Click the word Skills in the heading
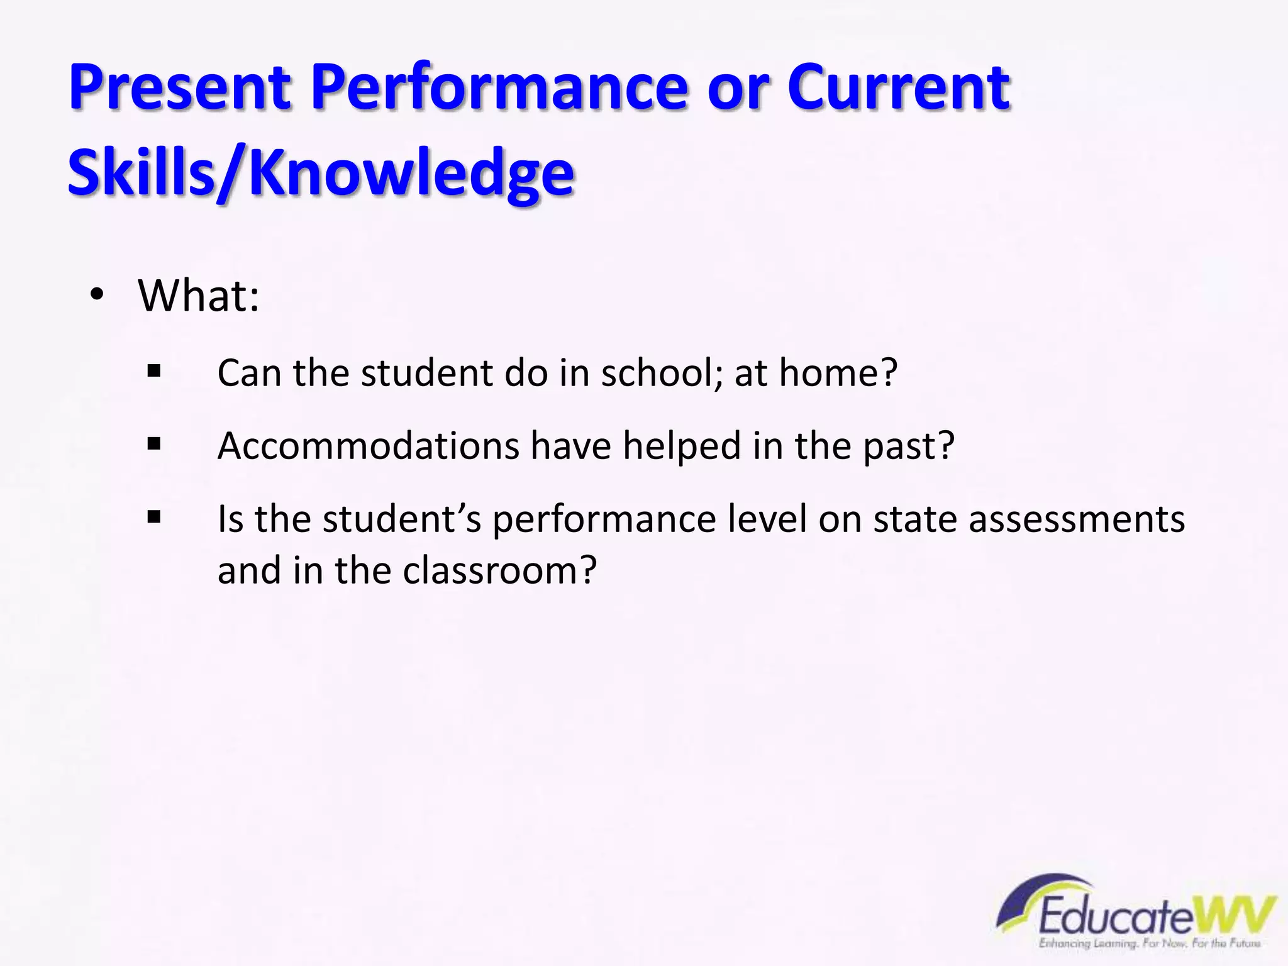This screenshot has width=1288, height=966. (142, 172)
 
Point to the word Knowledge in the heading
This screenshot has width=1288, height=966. (411, 172)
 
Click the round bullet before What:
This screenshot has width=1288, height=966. (96, 295)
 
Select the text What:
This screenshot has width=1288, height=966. (199, 295)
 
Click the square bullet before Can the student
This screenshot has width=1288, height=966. (154, 372)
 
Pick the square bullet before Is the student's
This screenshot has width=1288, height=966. (154, 518)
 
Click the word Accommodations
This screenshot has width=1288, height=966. (368, 446)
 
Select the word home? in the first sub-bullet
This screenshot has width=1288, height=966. (838, 372)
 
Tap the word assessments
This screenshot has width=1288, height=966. (1077, 519)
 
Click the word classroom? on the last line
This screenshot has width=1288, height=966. (499, 570)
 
